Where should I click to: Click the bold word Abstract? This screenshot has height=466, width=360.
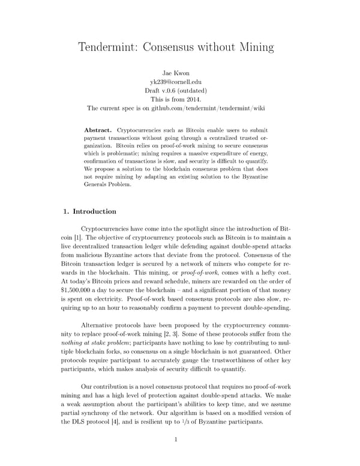(x=98, y=130)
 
